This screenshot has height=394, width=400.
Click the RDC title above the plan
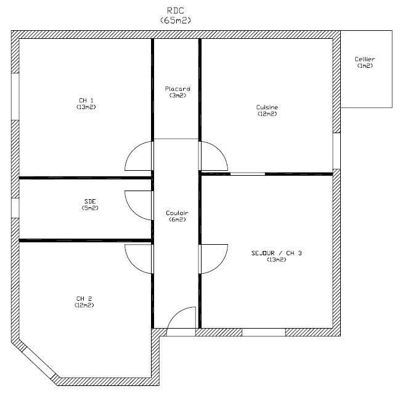point(176,10)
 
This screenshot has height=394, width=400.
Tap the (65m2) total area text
point(176,20)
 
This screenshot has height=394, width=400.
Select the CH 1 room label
point(86,101)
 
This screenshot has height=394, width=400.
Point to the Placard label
point(178,89)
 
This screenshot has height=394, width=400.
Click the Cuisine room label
point(267,107)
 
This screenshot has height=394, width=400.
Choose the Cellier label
point(365,59)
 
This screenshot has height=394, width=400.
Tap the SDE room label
point(90,202)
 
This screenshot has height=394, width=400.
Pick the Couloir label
point(177,213)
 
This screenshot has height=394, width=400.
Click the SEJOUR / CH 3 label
point(277,253)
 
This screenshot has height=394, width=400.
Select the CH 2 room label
point(84,298)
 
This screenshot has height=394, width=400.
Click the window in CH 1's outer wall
point(15,97)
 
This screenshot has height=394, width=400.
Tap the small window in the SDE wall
point(15,208)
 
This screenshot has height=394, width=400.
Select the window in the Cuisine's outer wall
point(337,151)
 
